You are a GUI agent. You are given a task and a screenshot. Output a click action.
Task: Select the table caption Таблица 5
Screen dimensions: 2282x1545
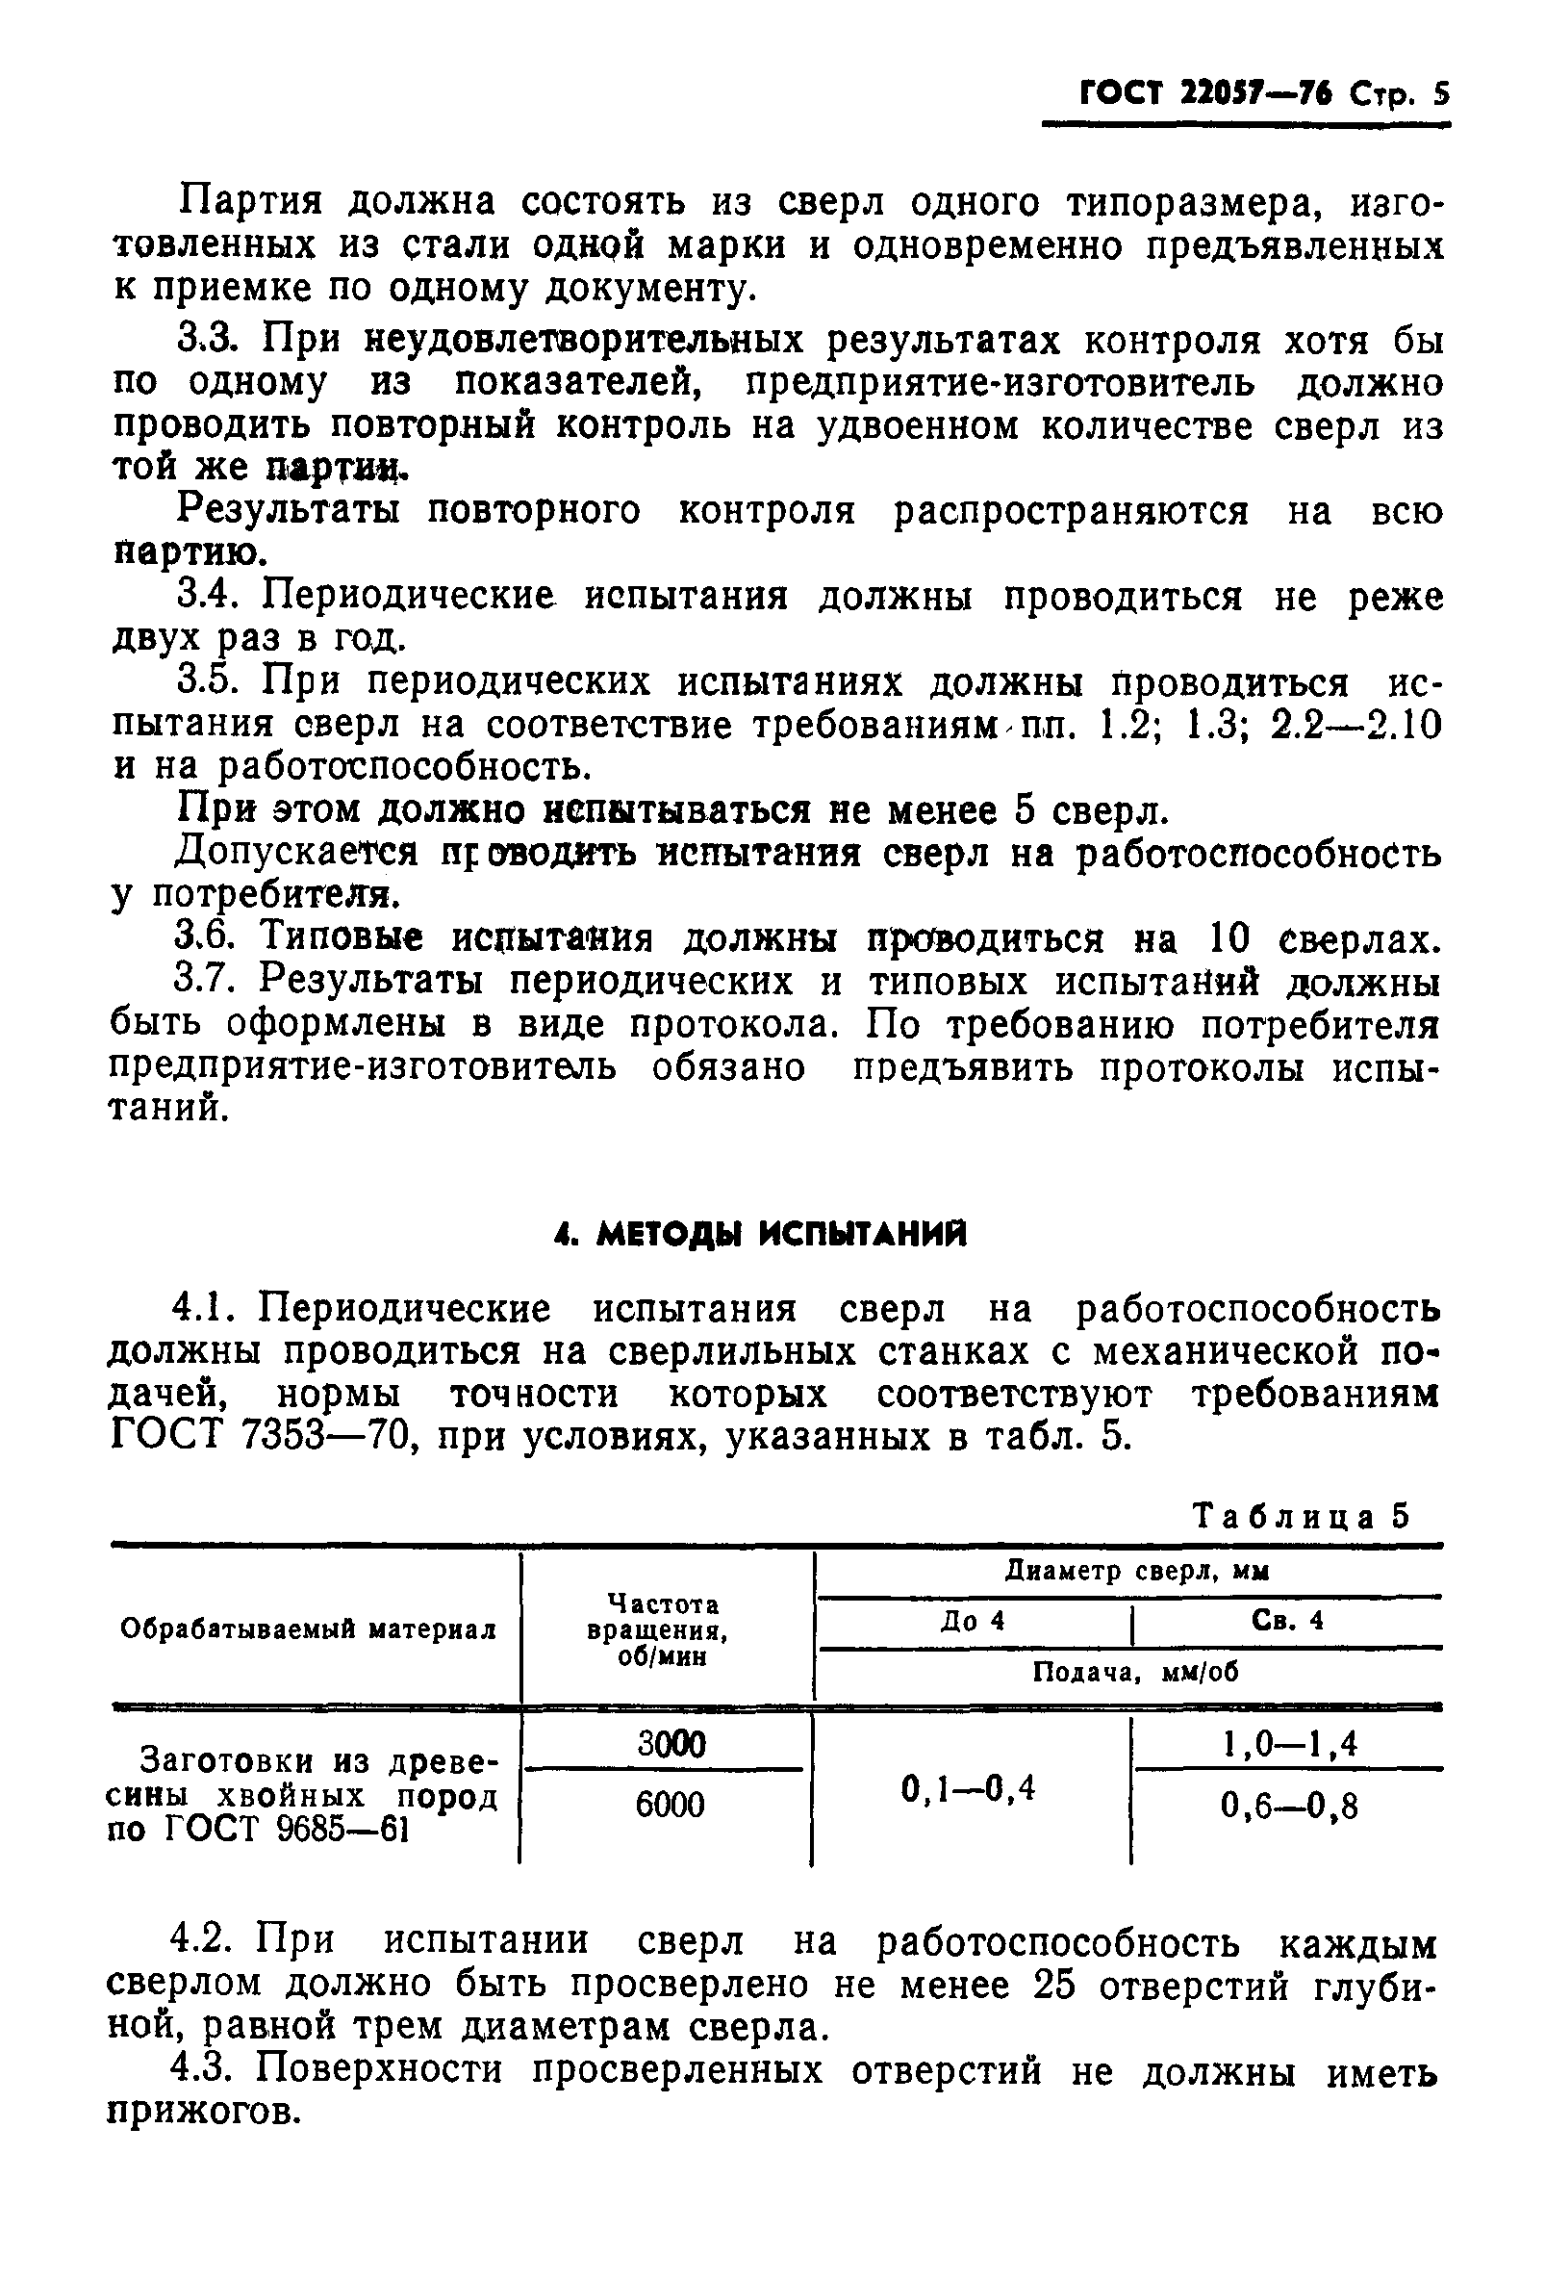(x=1302, y=1516)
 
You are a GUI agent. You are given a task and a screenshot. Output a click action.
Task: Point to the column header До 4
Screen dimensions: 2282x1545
(x=972, y=1620)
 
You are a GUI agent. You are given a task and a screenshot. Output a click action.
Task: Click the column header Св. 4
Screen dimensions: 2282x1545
(x=1288, y=1620)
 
